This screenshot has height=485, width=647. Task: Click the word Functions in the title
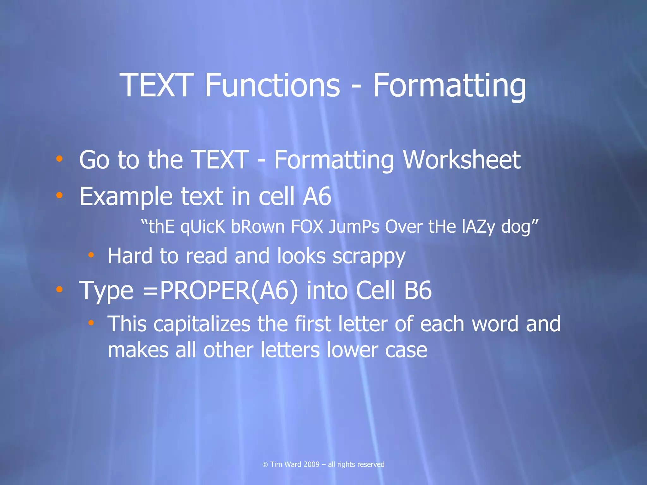point(272,85)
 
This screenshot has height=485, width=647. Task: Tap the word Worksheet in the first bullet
point(462,160)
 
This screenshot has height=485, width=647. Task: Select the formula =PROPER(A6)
point(220,290)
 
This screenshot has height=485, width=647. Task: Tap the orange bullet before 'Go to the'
point(59,159)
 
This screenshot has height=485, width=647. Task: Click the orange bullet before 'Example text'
point(59,195)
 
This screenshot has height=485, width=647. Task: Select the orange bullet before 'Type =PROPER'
point(59,289)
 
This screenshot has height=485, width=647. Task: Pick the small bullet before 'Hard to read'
point(91,254)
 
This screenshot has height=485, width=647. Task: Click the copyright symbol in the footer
point(265,464)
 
